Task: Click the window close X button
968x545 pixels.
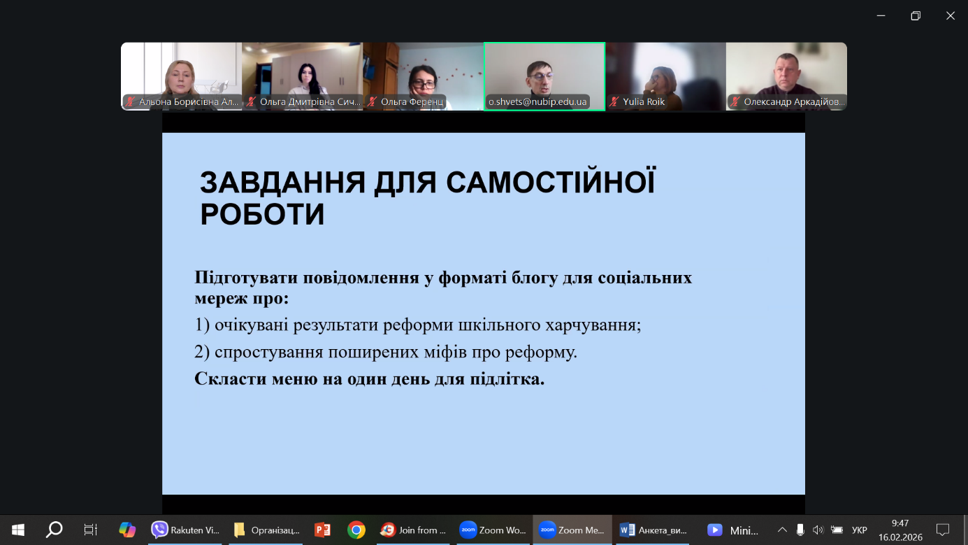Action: pos(951,16)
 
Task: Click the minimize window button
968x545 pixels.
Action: pos(881,16)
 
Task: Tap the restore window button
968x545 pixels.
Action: pos(916,16)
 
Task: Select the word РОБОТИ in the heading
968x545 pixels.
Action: pos(262,214)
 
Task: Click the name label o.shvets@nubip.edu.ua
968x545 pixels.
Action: pos(537,101)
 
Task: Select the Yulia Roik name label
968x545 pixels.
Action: pos(644,101)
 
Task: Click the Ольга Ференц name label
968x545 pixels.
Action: pos(412,101)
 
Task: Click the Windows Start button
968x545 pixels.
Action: pos(18,530)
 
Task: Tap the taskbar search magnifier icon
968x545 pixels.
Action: pos(55,530)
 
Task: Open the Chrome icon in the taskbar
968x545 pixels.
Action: pos(356,530)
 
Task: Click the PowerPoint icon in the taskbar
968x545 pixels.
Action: pos(322,530)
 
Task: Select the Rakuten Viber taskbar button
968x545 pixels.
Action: pos(185,530)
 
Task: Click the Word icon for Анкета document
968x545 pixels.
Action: pos(627,530)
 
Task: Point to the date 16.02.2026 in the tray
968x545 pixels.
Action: pos(900,537)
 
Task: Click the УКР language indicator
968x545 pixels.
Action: pos(859,530)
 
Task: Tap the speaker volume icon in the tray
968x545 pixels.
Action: pos(818,530)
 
